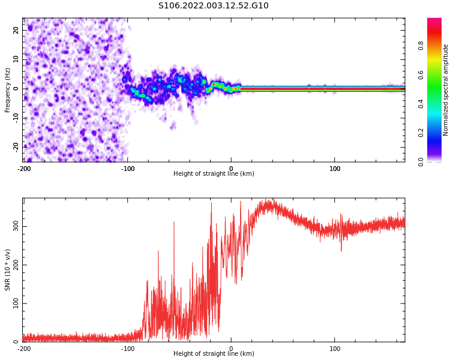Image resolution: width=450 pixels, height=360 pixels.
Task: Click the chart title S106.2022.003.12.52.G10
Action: [213, 6]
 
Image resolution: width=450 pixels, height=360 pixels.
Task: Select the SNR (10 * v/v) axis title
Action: [8, 269]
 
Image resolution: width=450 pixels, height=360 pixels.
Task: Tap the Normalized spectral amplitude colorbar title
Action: [446, 89]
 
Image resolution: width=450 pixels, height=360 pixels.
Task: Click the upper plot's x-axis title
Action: [214, 174]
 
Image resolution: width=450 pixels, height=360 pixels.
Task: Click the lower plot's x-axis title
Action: [214, 354]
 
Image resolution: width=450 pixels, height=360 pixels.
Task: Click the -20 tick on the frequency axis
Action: [15, 146]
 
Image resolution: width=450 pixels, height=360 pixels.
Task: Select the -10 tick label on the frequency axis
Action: [15, 118]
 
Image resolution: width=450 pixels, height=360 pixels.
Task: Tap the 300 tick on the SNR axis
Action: [14, 226]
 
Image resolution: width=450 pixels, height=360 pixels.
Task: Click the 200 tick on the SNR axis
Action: [14, 265]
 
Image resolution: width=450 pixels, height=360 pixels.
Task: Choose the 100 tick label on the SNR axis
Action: [14, 304]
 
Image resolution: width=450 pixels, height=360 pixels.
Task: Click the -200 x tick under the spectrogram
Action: [24, 169]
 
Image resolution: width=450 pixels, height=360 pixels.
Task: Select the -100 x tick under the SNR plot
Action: [128, 349]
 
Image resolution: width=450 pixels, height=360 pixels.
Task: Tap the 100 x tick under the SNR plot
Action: [335, 349]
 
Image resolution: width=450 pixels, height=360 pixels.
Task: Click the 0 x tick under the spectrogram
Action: [232, 169]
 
